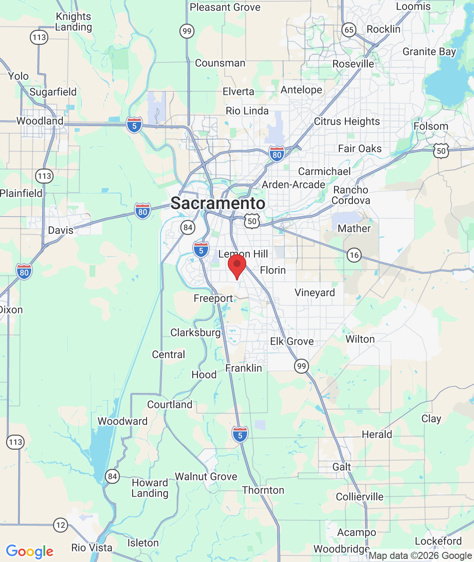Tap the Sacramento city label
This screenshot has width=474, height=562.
[218, 203]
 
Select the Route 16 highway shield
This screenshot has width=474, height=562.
[354, 255]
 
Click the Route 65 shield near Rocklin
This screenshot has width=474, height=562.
[349, 30]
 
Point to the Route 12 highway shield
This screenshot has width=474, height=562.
[61, 525]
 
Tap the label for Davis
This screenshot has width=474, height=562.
[61, 230]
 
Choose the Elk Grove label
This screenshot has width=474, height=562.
[292, 341]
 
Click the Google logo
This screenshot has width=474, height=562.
[30, 551]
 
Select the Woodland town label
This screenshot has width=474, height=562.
[40, 121]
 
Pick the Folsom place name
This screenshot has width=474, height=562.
[431, 126]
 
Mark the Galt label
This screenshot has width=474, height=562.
[341, 467]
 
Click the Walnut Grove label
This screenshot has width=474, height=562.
[206, 476]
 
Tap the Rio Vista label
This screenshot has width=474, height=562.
[92, 548]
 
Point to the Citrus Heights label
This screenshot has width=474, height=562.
[347, 121]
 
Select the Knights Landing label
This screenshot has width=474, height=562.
[73, 22]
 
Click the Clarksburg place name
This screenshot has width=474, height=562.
[195, 332]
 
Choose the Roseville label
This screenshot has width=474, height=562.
[353, 64]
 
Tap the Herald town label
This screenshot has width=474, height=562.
[377, 434]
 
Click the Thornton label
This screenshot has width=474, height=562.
[263, 490]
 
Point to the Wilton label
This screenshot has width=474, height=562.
[360, 339]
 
